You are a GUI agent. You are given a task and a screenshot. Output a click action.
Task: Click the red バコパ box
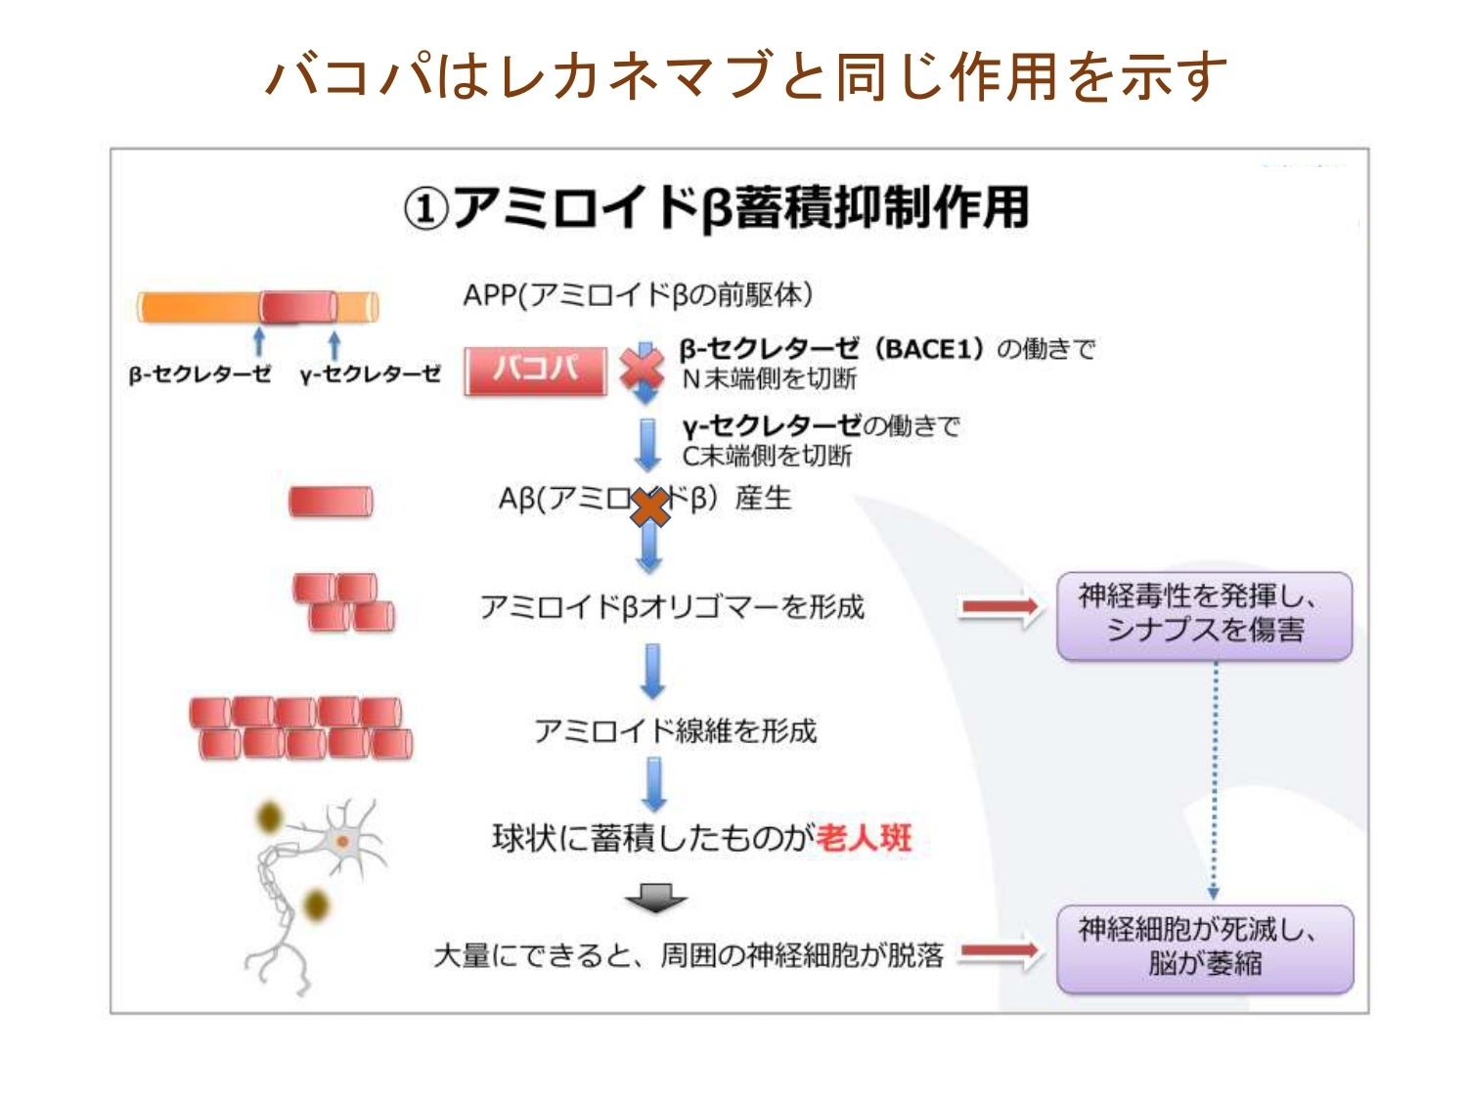click(x=535, y=371)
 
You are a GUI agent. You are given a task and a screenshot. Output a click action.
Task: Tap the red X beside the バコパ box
click(x=642, y=371)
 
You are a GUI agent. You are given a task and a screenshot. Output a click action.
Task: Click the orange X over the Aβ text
click(x=648, y=507)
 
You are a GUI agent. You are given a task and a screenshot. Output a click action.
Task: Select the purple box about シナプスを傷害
click(x=1204, y=615)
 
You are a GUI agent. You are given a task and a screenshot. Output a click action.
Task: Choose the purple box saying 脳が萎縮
click(x=1205, y=947)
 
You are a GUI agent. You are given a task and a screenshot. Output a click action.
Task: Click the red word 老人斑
click(x=864, y=838)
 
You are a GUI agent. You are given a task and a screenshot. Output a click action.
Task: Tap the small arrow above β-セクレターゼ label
click(x=259, y=341)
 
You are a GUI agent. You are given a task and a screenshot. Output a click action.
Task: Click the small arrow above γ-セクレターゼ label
click(x=334, y=344)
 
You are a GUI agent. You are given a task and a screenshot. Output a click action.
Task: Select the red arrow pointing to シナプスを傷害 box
click(x=999, y=608)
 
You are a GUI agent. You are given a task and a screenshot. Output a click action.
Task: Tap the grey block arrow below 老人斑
click(x=655, y=898)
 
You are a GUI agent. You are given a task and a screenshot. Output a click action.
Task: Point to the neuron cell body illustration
click(x=341, y=842)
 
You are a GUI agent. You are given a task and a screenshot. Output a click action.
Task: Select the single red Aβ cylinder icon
click(x=331, y=502)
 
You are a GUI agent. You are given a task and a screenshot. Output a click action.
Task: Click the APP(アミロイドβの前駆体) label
click(x=638, y=294)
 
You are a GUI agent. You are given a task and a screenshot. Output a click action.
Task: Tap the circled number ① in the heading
click(x=426, y=208)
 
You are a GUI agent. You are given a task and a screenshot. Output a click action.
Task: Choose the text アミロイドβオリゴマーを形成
click(x=672, y=607)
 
